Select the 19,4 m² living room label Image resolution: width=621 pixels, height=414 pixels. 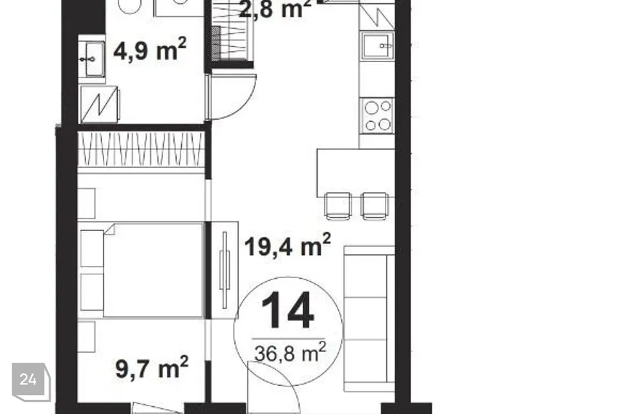tap(287, 245)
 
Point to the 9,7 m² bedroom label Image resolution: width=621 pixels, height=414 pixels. tap(151, 367)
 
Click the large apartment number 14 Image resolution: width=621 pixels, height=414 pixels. tap(287, 310)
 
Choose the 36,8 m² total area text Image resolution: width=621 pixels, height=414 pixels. tap(290, 352)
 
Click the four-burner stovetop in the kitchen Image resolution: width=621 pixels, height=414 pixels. tap(377, 115)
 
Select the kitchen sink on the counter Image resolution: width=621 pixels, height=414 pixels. tap(377, 45)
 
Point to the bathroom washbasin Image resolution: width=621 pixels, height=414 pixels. tap(92, 59)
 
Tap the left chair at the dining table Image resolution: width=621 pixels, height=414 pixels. tap(338, 206)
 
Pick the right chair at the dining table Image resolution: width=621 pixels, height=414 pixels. tap(375, 206)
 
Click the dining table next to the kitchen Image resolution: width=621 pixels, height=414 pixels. tap(356, 173)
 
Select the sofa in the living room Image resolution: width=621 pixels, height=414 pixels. tap(369, 319)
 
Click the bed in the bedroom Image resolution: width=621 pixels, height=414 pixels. tap(142, 270)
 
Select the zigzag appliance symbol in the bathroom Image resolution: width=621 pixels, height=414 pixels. tap(99, 105)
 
